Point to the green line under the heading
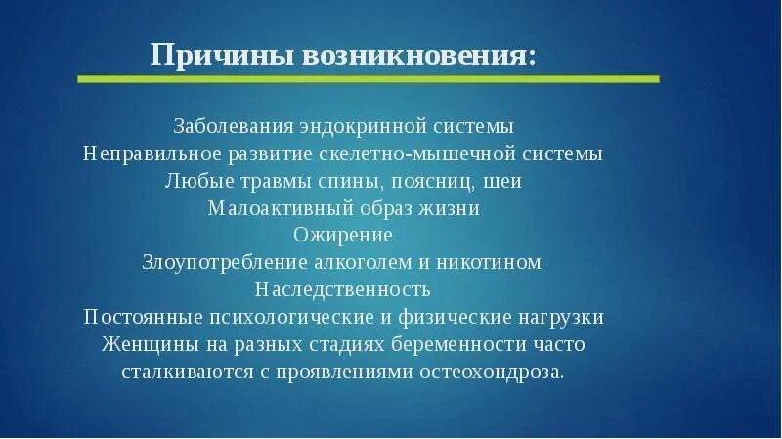368,78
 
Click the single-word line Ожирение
343,236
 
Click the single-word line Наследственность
343,290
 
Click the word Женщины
147,345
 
